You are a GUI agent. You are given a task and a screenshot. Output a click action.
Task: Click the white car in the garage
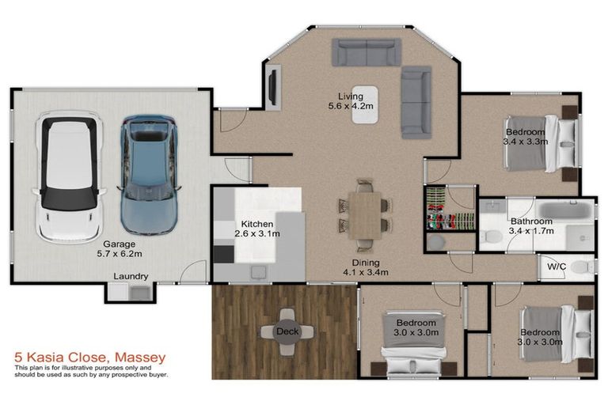tap(70, 177)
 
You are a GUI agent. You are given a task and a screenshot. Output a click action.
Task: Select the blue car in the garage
tap(149, 175)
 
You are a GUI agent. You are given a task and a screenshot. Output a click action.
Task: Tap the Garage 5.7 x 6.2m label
tap(120, 249)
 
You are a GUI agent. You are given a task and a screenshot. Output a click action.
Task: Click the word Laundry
tap(131, 276)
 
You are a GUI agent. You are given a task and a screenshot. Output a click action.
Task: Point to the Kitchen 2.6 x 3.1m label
tap(257, 229)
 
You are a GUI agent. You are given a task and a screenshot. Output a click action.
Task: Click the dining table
tap(365, 215)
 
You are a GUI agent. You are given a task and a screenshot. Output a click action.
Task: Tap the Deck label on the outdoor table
tap(287, 331)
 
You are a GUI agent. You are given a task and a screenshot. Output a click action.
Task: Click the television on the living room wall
tap(273, 87)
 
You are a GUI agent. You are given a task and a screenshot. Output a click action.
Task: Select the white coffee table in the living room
tap(365, 104)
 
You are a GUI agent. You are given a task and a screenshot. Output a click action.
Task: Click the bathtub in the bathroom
tap(565, 210)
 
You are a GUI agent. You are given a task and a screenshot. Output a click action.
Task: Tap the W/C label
tap(557, 267)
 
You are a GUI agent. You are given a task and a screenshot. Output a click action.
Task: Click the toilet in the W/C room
tap(583, 267)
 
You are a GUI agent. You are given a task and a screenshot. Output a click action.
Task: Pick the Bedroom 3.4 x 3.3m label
tap(526, 136)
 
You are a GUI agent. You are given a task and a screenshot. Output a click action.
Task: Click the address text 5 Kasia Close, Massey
tap(90, 357)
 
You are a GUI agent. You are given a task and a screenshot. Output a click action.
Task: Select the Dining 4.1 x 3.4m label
tap(365, 267)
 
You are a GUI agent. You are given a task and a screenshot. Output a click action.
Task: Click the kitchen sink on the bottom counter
tap(258, 272)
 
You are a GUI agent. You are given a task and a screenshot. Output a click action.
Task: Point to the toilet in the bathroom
tap(492, 236)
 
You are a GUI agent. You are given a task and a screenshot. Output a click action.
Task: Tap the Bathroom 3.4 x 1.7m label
tap(531, 226)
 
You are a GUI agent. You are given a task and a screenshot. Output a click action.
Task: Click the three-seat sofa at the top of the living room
tap(366, 52)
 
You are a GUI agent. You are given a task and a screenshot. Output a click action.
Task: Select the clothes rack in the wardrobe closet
tap(450, 210)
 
